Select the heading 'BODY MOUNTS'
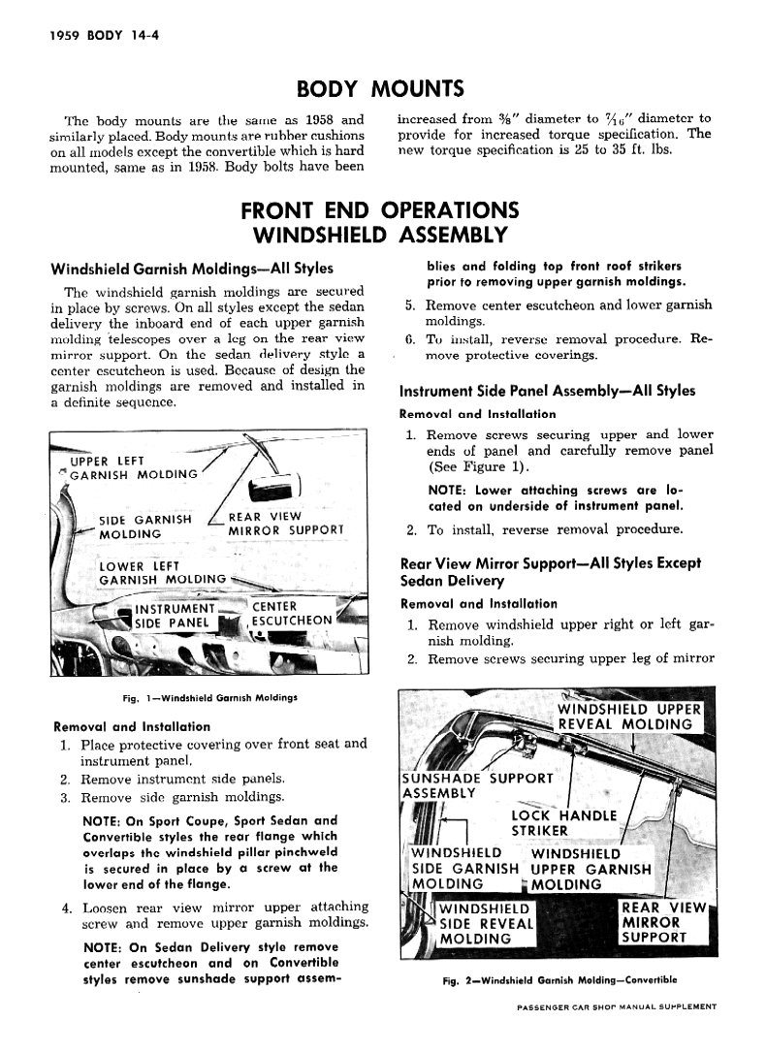point(380,89)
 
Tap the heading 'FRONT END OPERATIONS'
point(379,209)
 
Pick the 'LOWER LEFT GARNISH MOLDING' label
point(161,573)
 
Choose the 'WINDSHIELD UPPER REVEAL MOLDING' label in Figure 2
point(625,716)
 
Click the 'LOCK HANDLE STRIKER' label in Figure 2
point(563,822)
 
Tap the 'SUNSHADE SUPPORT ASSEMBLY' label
point(476,784)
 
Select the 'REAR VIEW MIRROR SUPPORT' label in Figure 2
point(664,922)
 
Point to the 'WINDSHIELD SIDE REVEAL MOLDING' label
point(486,924)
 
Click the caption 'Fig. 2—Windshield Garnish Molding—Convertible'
point(559,980)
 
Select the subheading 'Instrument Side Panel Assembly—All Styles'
point(547,392)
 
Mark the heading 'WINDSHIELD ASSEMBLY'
point(379,235)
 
